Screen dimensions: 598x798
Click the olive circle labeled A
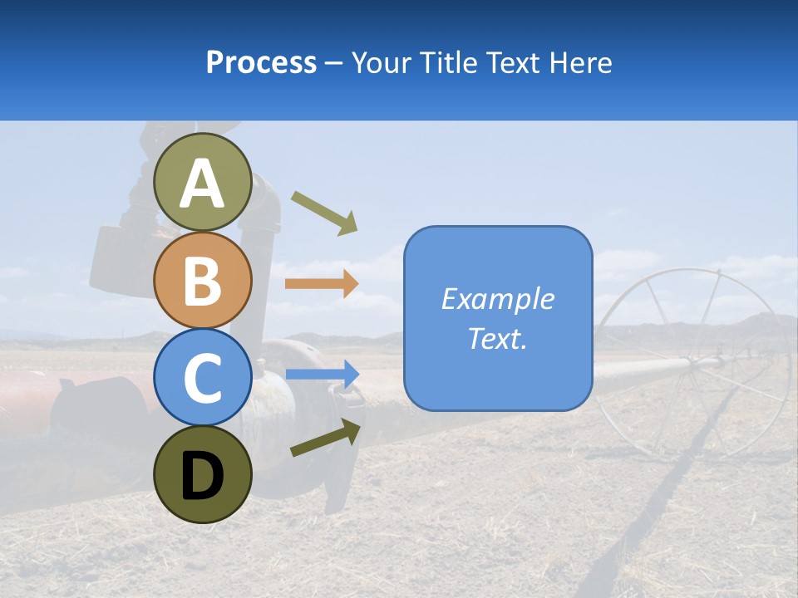pyautogui.click(x=202, y=182)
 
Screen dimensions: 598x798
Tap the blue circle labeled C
pyautogui.click(x=202, y=377)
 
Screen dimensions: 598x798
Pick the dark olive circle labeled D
pyautogui.click(x=202, y=474)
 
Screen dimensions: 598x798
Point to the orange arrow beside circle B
pyautogui.click(x=321, y=284)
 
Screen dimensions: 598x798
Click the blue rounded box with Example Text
pyautogui.click(x=498, y=318)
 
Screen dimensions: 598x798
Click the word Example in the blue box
pyautogui.click(x=498, y=298)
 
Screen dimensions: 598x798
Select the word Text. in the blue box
pyautogui.click(x=498, y=339)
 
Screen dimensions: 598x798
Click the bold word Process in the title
pyautogui.click(x=261, y=62)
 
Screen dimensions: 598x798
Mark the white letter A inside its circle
pyautogui.click(x=202, y=184)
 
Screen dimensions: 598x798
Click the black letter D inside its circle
pyautogui.click(x=202, y=476)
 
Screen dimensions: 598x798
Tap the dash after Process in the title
pyautogui.click(x=334, y=63)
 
